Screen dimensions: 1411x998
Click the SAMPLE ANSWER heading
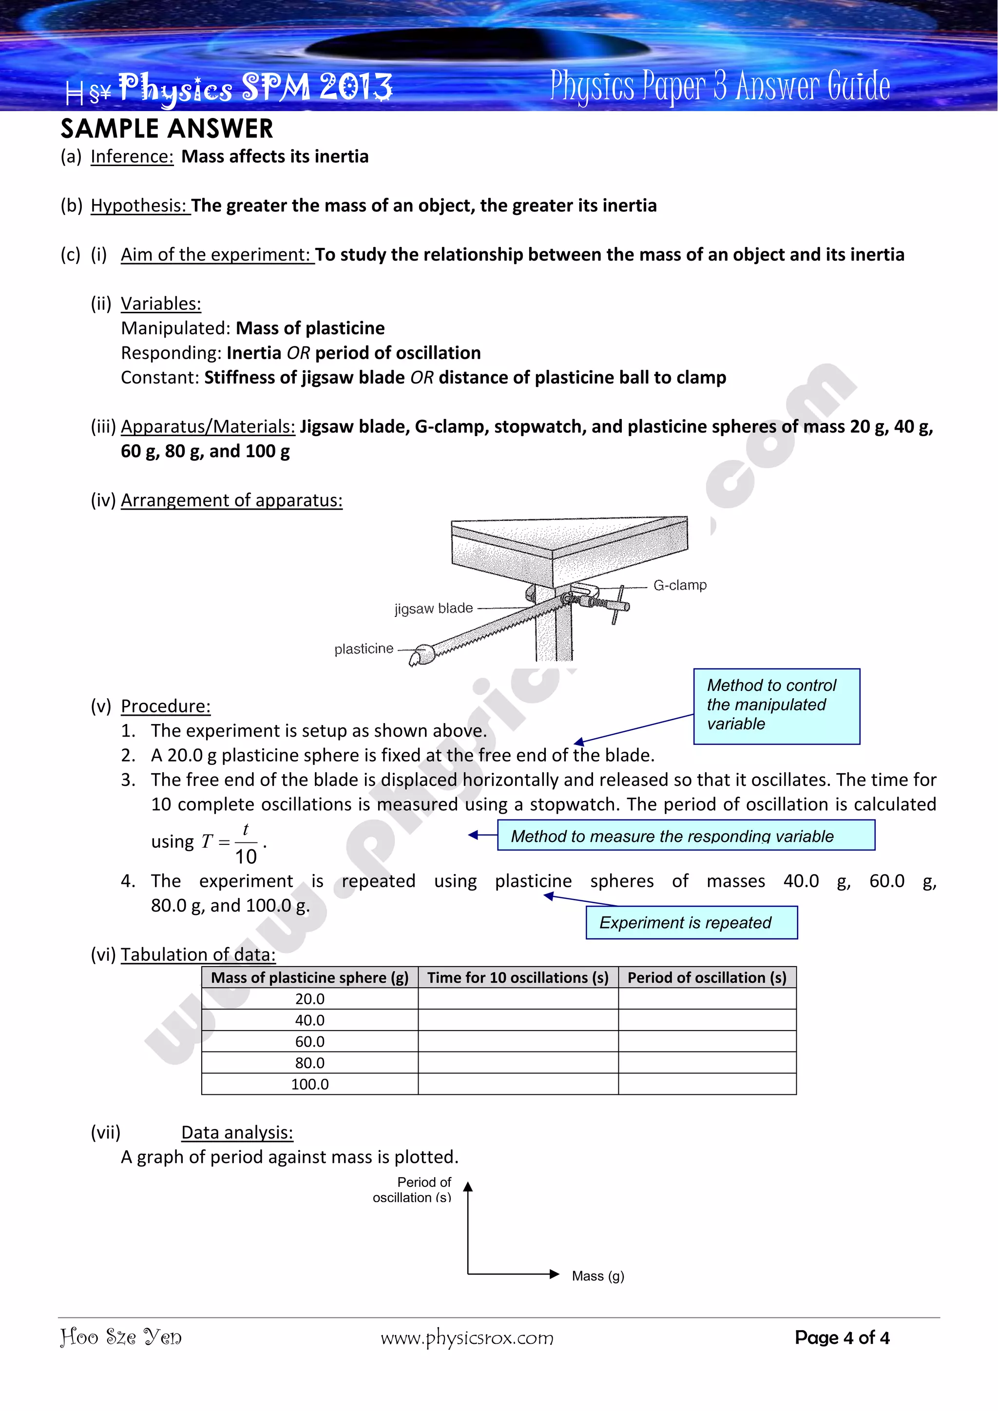tap(167, 129)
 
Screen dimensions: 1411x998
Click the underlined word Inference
tap(132, 157)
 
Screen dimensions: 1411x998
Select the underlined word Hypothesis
tap(140, 206)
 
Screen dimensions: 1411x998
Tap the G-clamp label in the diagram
tap(680, 585)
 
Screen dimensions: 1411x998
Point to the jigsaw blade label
tap(433, 609)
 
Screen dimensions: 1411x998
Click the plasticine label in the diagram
tap(364, 649)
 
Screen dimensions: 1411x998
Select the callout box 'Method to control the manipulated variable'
tap(776, 705)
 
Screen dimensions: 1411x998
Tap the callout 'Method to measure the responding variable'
tap(685, 836)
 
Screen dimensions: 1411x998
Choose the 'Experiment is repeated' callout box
tap(691, 922)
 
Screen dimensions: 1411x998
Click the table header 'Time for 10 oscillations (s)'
tap(518, 978)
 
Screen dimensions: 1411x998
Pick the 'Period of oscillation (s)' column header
tap(707, 978)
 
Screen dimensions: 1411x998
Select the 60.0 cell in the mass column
tap(310, 1042)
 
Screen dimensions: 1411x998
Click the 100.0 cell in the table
tap(310, 1084)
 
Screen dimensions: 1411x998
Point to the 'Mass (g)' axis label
tap(597, 1276)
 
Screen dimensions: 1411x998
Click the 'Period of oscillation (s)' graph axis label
tap(413, 1190)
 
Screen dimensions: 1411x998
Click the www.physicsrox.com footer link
tap(467, 1338)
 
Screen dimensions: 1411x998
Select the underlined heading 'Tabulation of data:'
tap(198, 954)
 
